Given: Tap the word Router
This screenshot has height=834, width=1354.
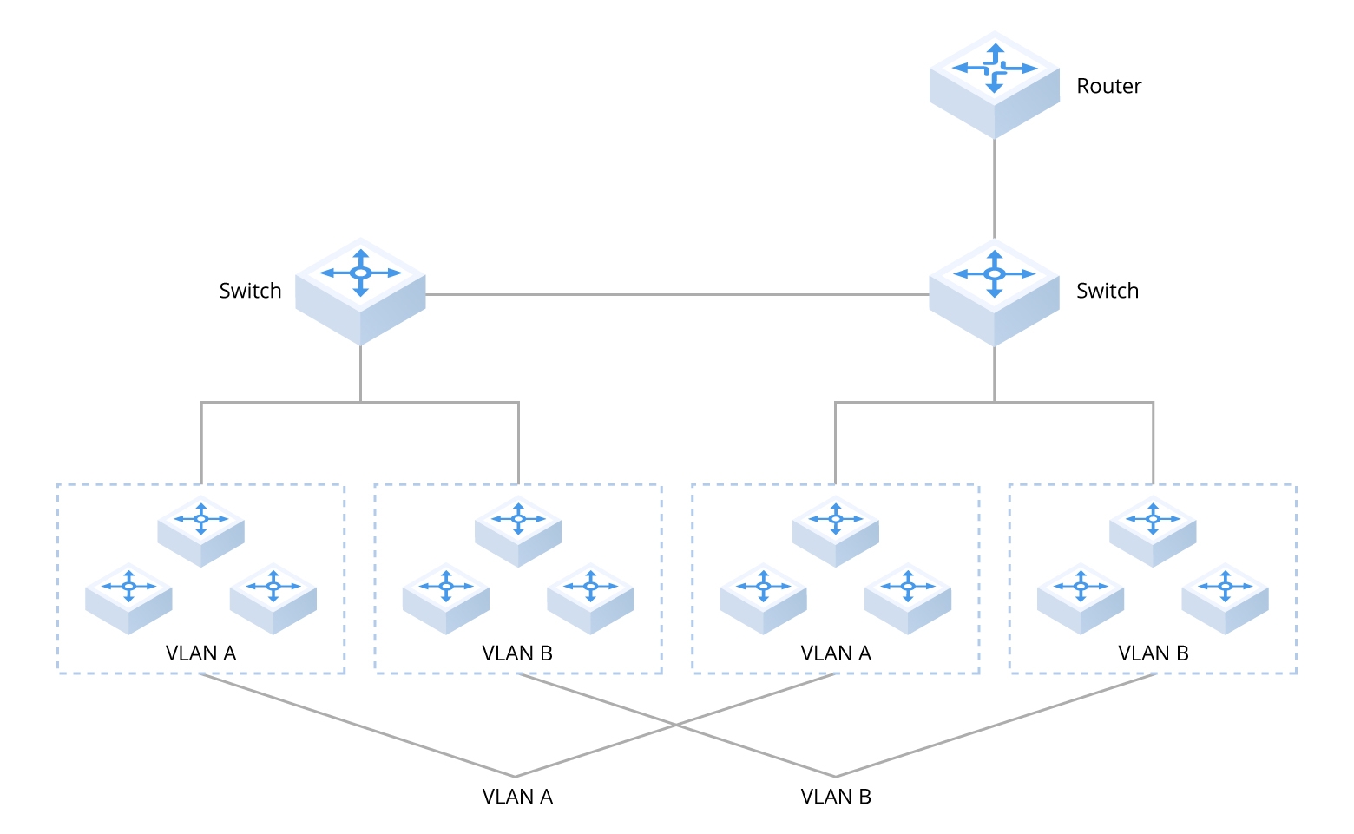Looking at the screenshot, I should click(x=1108, y=86).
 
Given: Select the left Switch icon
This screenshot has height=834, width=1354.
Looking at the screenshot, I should click(x=360, y=291).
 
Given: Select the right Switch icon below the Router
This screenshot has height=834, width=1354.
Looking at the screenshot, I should click(x=995, y=292).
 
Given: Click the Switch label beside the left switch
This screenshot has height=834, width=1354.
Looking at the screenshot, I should click(x=250, y=291).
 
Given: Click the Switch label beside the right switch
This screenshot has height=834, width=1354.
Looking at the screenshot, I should click(x=1107, y=291).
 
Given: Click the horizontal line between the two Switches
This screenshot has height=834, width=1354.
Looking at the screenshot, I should click(x=677, y=295).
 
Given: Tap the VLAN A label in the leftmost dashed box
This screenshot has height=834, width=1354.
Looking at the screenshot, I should click(x=200, y=653).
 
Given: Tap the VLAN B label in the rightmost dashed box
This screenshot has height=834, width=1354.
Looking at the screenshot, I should click(x=1153, y=653).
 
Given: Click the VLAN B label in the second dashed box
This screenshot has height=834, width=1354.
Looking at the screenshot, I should click(x=517, y=653).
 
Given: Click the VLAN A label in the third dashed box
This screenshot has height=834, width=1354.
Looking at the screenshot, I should click(x=835, y=653).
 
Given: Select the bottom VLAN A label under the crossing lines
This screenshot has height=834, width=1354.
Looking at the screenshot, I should click(x=517, y=797).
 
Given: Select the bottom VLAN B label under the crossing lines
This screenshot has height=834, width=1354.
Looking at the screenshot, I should click(x=835, y=797).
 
